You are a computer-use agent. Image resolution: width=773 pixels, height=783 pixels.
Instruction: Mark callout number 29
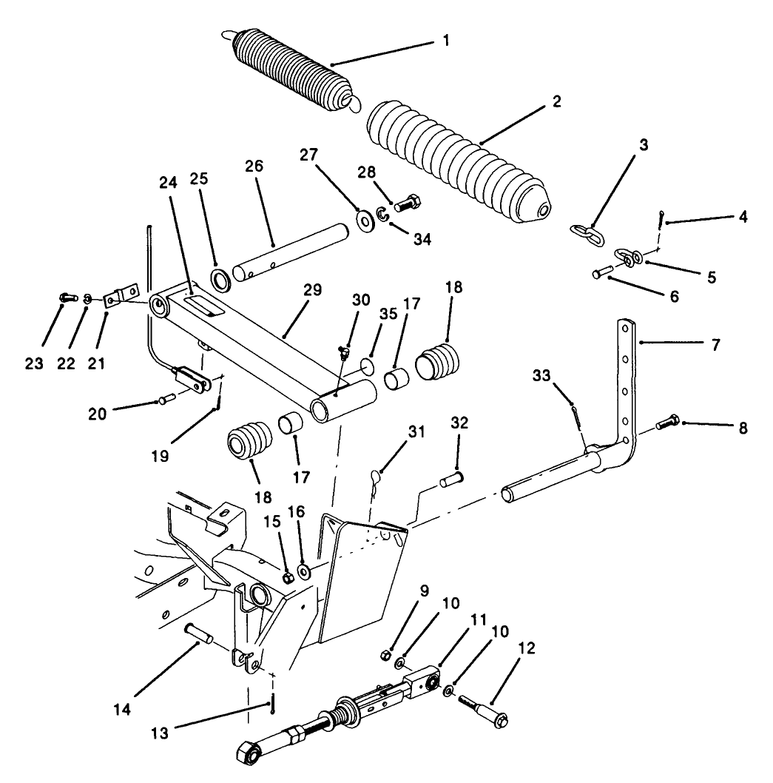coord(313,291)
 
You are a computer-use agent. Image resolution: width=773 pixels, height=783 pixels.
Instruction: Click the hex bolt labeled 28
coord(408,201)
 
